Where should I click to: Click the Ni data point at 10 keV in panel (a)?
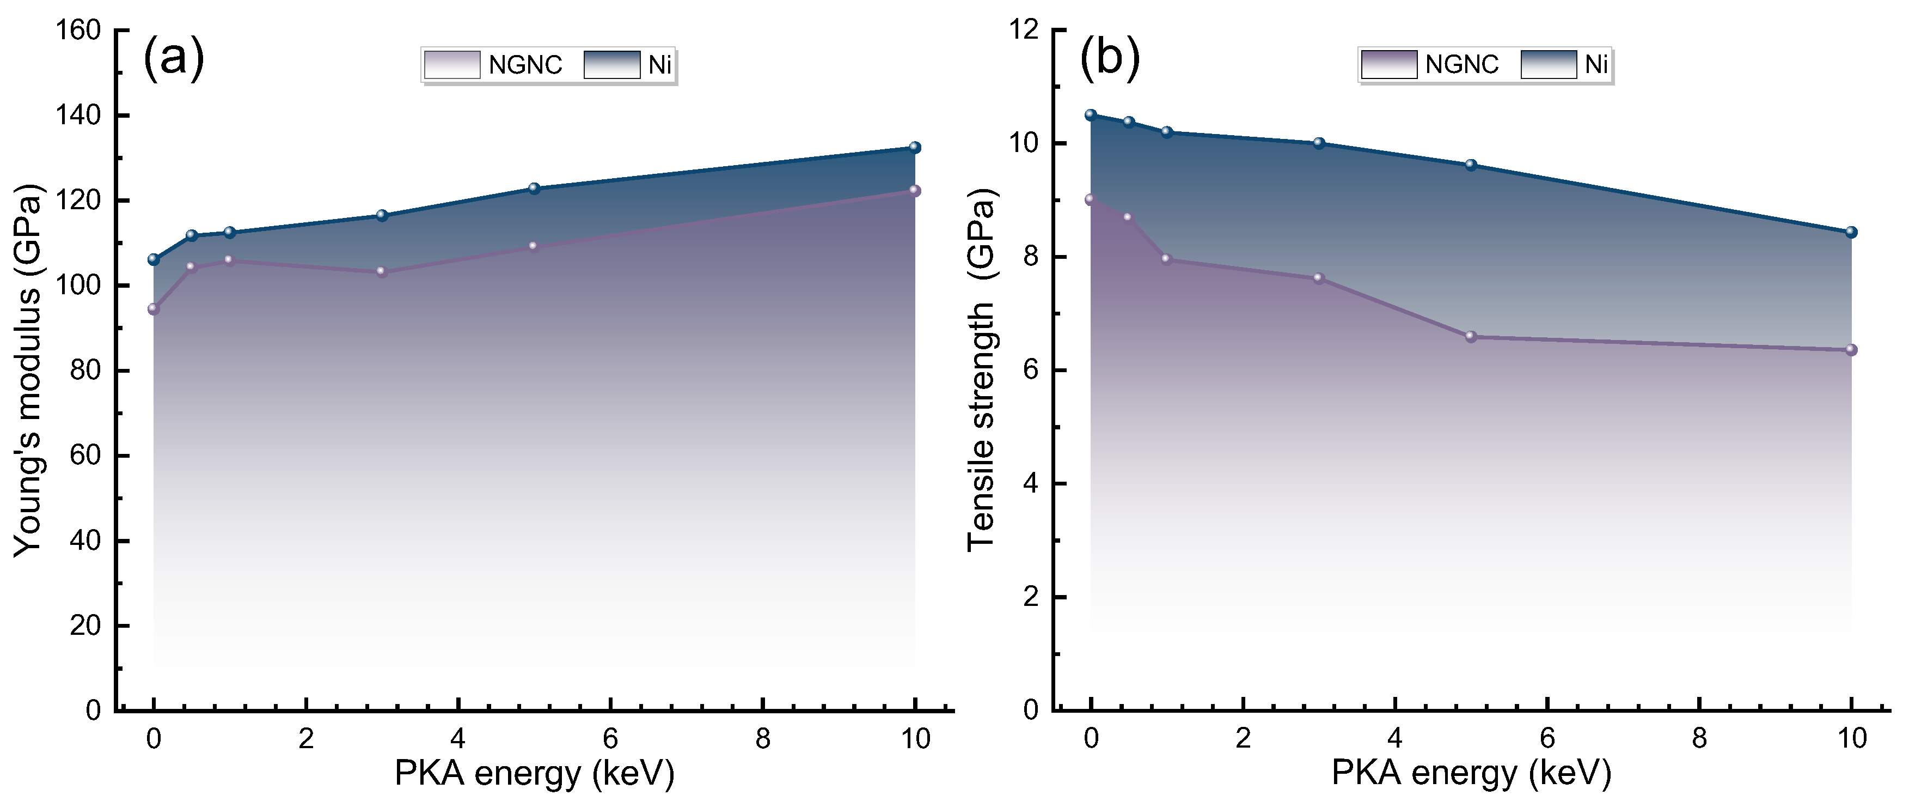(x=915, y=148)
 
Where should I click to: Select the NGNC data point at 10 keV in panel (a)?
(x=915, y=191)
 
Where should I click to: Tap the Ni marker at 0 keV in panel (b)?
(x=1090, y=115)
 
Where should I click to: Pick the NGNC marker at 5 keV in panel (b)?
(x=1471, y=337)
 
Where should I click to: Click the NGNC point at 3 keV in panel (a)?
(x=382, y=271)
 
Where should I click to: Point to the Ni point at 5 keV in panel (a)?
(x=534, y=189)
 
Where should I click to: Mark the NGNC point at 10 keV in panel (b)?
(x=1851, y=350)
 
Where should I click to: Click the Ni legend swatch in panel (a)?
(x=611, y=64)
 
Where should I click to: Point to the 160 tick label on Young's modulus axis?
(x=78, y=31)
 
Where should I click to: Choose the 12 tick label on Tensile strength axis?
(x=1024, y=31)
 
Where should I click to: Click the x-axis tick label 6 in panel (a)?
(x=610, y=739)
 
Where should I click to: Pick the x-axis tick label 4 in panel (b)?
(x=1394, y=739)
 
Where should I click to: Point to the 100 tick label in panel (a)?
(x=78, y=286)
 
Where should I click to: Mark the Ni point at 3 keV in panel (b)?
(x=1318, y=143)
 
